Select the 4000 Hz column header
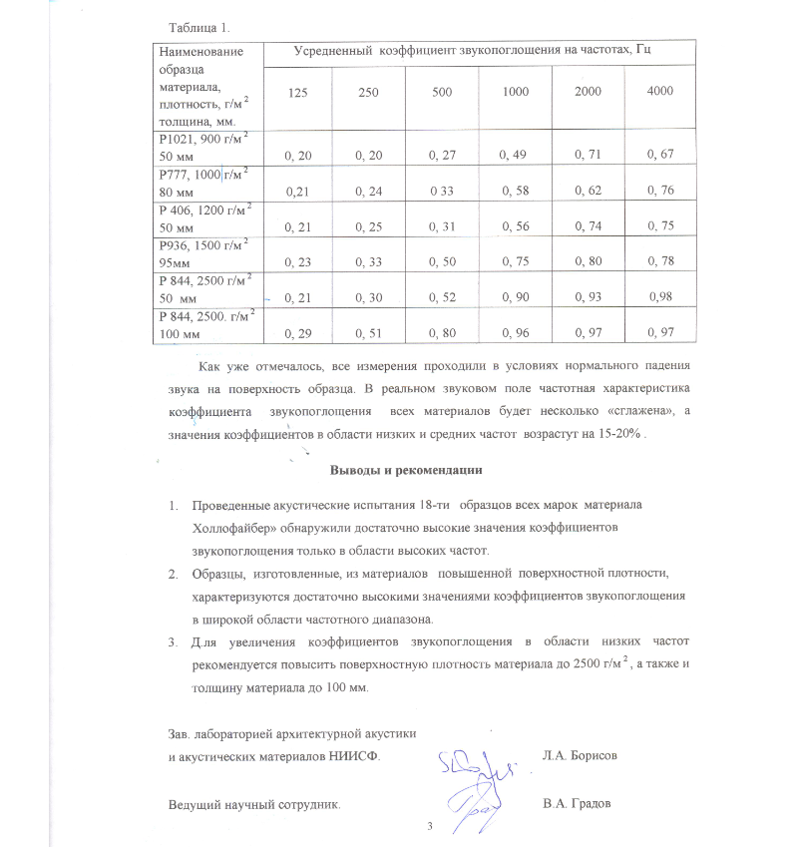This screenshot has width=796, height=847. [659, 92]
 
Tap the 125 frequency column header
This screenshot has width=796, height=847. [297, 92]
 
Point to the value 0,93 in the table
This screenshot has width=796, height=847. [589, 297]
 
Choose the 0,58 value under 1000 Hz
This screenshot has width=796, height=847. [517, 190]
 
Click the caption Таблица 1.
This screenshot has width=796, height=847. [194, 26]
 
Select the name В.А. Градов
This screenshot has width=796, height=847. [577, 804]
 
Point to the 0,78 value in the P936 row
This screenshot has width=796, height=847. [660, 261]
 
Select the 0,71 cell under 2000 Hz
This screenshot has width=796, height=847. [589, 156]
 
